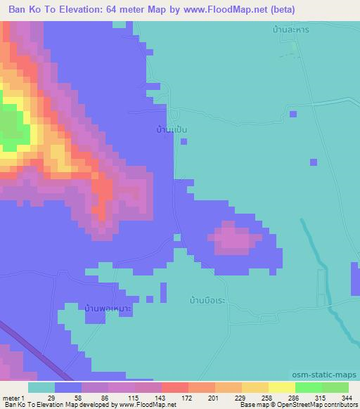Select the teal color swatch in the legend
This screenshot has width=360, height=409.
41,387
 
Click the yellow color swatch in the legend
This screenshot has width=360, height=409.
282,387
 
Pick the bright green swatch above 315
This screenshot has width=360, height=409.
309,387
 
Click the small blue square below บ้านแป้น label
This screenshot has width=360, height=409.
184,141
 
